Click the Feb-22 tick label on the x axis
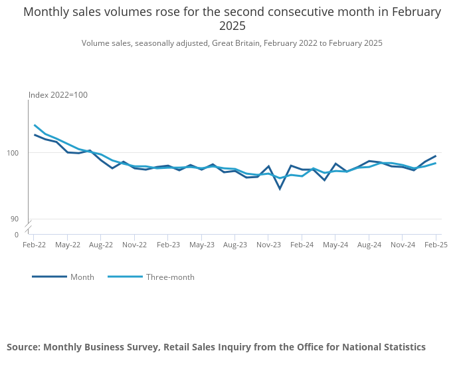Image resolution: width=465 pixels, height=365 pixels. coord(34,245)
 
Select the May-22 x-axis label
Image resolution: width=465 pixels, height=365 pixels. coord(67,245)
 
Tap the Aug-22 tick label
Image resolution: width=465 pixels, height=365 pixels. coord(101,245)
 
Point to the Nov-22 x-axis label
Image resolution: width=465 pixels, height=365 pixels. coord(134,245)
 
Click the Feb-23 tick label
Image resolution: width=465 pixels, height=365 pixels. coord(168,245)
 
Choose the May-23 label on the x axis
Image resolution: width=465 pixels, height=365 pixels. coord(201,245)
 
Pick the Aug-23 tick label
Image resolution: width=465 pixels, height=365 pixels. coord(235,245)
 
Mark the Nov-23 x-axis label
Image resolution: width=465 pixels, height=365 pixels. coord(268,245)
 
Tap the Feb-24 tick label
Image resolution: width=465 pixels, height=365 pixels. coord(302,245)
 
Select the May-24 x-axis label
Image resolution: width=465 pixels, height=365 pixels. coord(335,245)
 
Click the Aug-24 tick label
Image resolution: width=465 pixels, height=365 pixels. coord(369,245)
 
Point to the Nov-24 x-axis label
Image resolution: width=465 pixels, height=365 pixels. coord(403,245)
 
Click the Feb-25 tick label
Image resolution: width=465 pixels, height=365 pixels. coord(436,245)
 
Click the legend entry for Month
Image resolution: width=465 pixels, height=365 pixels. coord(82,277)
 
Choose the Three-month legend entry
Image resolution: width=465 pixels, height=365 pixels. coord(170,277)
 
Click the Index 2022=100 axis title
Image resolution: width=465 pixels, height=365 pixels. coord(58,95)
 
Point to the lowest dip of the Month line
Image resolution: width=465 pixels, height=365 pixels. coord(280,189)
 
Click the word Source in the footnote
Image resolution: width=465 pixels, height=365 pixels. coord(23,347)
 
